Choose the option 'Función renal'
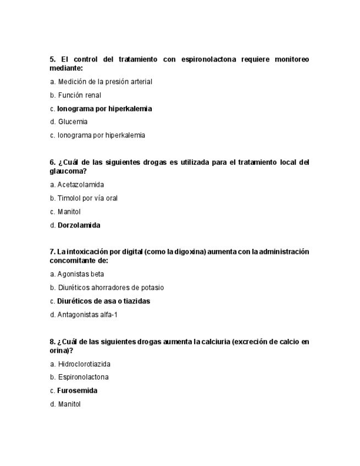pos(79,95)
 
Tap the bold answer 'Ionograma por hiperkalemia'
pos(104,109)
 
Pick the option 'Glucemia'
pos(73,122)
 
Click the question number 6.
pos(52,162)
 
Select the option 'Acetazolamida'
pos(80,185)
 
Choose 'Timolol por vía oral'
pos(87,198)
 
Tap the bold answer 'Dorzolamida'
pos(79,225)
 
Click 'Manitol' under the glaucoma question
pos(69,212)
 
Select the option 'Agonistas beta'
pos(80,274)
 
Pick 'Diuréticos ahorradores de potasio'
pos(110,287)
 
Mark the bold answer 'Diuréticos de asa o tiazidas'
pos(103,301)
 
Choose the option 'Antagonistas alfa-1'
pos(87,315)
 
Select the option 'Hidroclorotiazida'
pos(84,364)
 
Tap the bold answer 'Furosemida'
pos(77,391)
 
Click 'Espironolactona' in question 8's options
pos(83,377)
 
